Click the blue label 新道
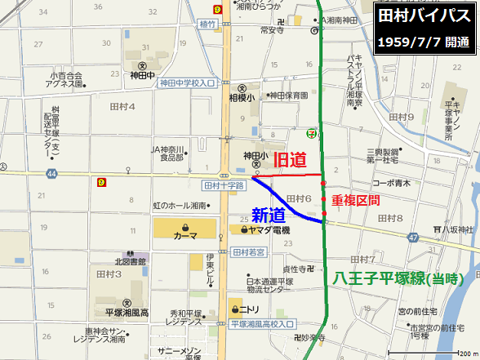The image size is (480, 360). click(269, 215)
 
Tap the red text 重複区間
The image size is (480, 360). click(356, 199)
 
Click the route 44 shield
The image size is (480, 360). click(52, 174)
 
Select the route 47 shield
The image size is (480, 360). click(414, 237)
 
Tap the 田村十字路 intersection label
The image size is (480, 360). click(222, 185)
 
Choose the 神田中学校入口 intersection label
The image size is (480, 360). click(188, 83)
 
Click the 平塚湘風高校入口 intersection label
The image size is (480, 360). click(261, 324)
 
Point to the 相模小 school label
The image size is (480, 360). click(242, 96)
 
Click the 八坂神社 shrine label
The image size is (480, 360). click(454, 228)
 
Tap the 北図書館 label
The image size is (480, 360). click(131, 261)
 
